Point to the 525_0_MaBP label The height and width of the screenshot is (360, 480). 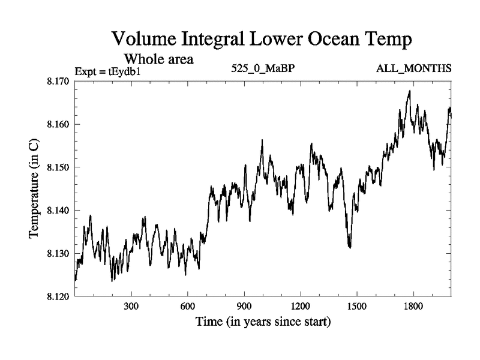[262, 69]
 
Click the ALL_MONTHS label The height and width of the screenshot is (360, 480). [413, 69]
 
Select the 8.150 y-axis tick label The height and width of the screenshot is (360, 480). [58, 167]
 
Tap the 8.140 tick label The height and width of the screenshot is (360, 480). [58, 211]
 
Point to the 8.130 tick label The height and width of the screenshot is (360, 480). [58, 254]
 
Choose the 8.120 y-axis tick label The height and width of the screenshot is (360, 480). [58, 296]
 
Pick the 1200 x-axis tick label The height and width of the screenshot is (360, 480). [301, 307]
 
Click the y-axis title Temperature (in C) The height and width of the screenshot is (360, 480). [34, 189]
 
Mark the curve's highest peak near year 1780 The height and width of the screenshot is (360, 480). [409, 91]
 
